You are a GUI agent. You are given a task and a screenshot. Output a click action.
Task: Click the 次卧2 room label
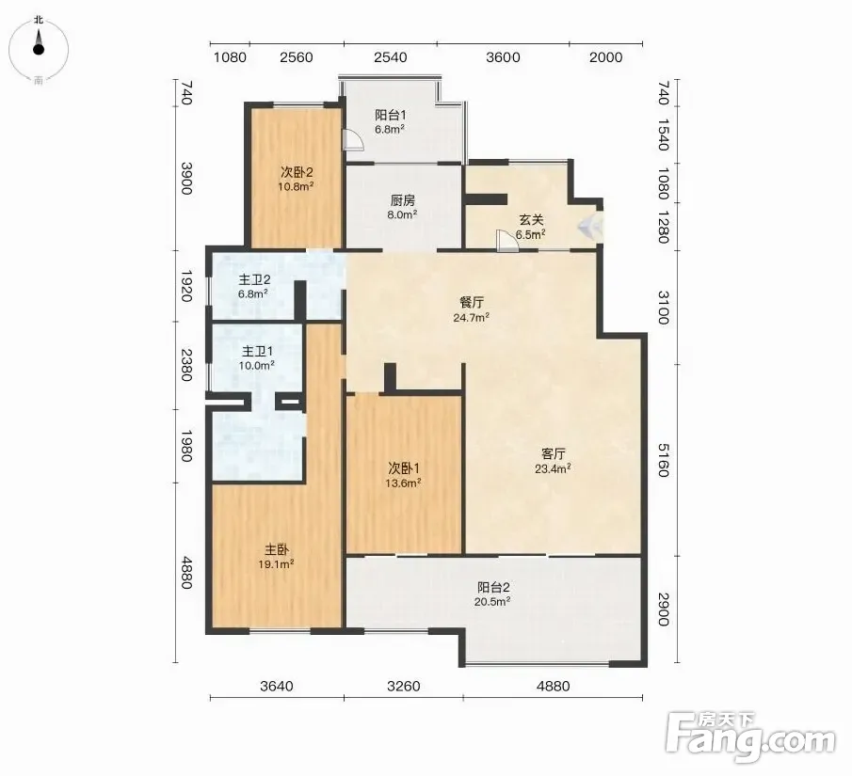pos(297,173)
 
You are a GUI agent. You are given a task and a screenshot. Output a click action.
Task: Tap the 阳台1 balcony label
pos(390,115)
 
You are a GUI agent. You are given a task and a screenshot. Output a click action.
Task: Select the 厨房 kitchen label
pos(402,201)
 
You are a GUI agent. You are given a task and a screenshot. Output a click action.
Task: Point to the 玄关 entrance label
pos(531,220)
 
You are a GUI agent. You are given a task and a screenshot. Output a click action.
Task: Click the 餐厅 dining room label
pos(471,303)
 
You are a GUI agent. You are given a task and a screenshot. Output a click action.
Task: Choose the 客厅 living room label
pos(554,453)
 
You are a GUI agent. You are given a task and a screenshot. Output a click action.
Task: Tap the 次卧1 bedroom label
pos(403,467)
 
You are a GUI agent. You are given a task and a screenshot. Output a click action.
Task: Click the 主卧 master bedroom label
pos(276,549)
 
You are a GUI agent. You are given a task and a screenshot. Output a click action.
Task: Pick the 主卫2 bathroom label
pos(254,279)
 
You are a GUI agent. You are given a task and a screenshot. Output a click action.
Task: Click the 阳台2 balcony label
pos(493,587)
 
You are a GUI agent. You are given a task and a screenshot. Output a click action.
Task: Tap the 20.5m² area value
pos(493,602)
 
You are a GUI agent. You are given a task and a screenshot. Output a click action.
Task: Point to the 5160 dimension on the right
pos(664,460)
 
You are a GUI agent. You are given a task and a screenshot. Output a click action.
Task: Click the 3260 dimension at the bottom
pos(403,687)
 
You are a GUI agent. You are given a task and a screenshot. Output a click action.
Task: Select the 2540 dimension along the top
pos(390,57)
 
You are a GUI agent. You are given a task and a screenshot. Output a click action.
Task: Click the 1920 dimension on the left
pos(186,286)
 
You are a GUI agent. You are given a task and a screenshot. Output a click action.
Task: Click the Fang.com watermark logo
pos(750,737)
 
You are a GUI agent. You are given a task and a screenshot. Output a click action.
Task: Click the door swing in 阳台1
pos(353,139)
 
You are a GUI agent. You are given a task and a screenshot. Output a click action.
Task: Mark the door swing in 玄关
pos(507,241)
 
